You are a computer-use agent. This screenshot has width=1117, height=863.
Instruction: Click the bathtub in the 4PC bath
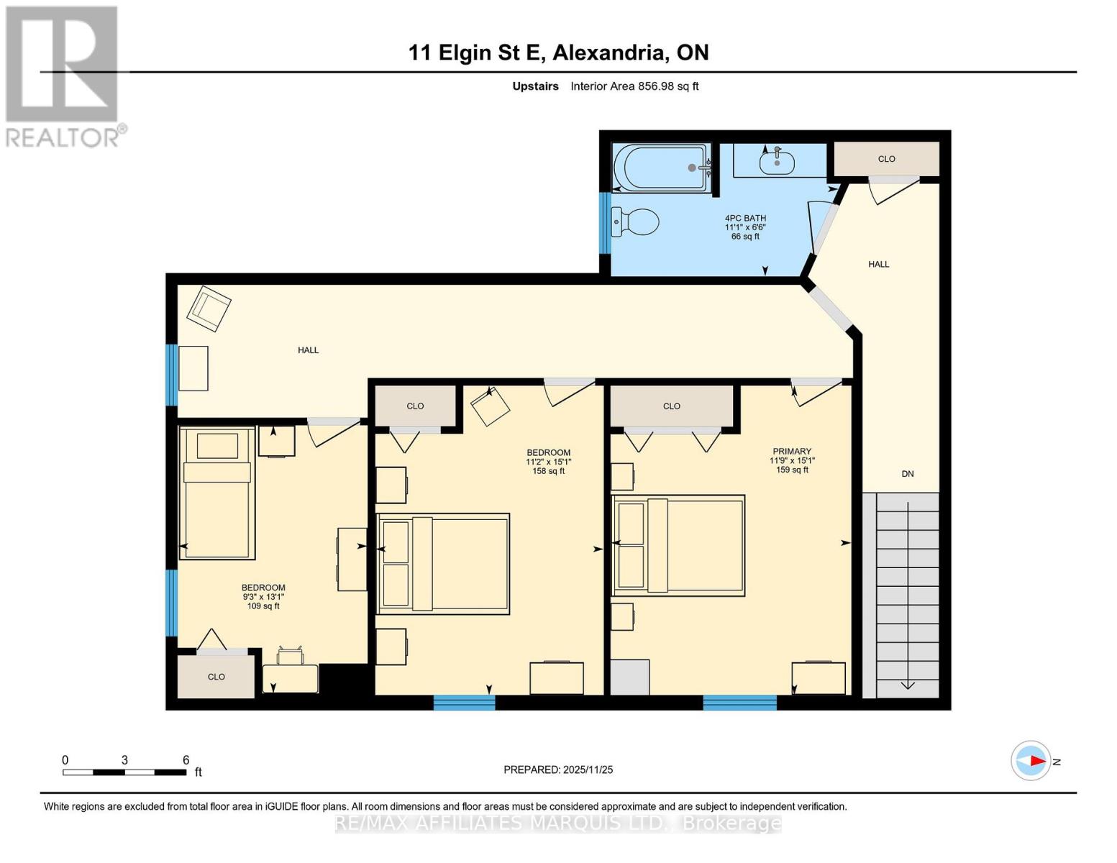coord(661,168)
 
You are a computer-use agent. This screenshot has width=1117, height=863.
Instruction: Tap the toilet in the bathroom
coord(635,222)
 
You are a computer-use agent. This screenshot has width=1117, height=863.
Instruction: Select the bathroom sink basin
coord(777,163)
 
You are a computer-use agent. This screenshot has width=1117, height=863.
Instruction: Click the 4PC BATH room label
coord(745,218)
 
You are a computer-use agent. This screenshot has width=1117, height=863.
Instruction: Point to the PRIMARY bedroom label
coord(792,452)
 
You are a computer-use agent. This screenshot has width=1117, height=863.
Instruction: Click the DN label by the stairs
coord(908,474)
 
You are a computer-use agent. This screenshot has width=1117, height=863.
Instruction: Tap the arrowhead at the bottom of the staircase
coord(908,685)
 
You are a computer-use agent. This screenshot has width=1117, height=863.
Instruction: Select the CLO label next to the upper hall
coord(886,159)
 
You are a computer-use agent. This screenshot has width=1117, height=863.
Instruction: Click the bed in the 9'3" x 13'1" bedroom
coord(217,493)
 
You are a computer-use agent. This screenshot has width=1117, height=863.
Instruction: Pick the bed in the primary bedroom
coord(678,546)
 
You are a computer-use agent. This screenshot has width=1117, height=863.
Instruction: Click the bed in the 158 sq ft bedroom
coord(443,564)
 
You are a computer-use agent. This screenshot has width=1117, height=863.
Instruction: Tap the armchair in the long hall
coord(209,309)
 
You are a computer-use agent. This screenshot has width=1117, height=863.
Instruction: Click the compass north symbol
coord(1031,761)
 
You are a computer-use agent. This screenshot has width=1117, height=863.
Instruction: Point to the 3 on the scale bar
coord(125,760)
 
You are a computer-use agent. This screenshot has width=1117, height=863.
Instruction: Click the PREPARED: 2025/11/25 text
coord(558,770)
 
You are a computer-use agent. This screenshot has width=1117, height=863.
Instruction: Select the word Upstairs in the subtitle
coord(535,86)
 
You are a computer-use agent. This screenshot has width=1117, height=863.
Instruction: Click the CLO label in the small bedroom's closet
coord(216,677)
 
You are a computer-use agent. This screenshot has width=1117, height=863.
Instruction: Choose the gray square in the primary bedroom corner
coord(630,677)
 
